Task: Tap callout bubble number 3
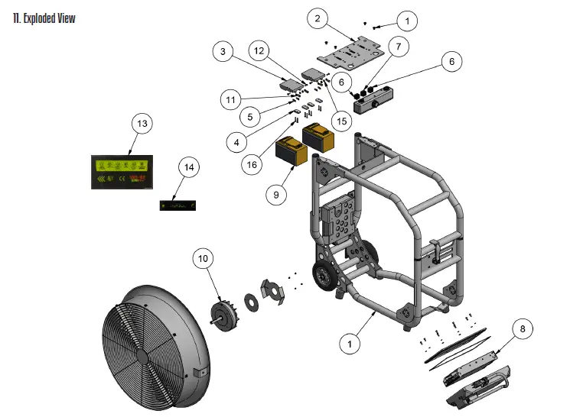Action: point(223,52)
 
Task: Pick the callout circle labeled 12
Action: point(259,51)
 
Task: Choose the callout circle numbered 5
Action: point(247,116)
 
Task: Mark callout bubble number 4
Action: point(238,141)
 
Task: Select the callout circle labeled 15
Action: point(340,121)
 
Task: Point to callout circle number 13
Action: point(142,124)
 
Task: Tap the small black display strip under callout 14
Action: point(178,205)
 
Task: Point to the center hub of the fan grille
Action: point(144,356)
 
